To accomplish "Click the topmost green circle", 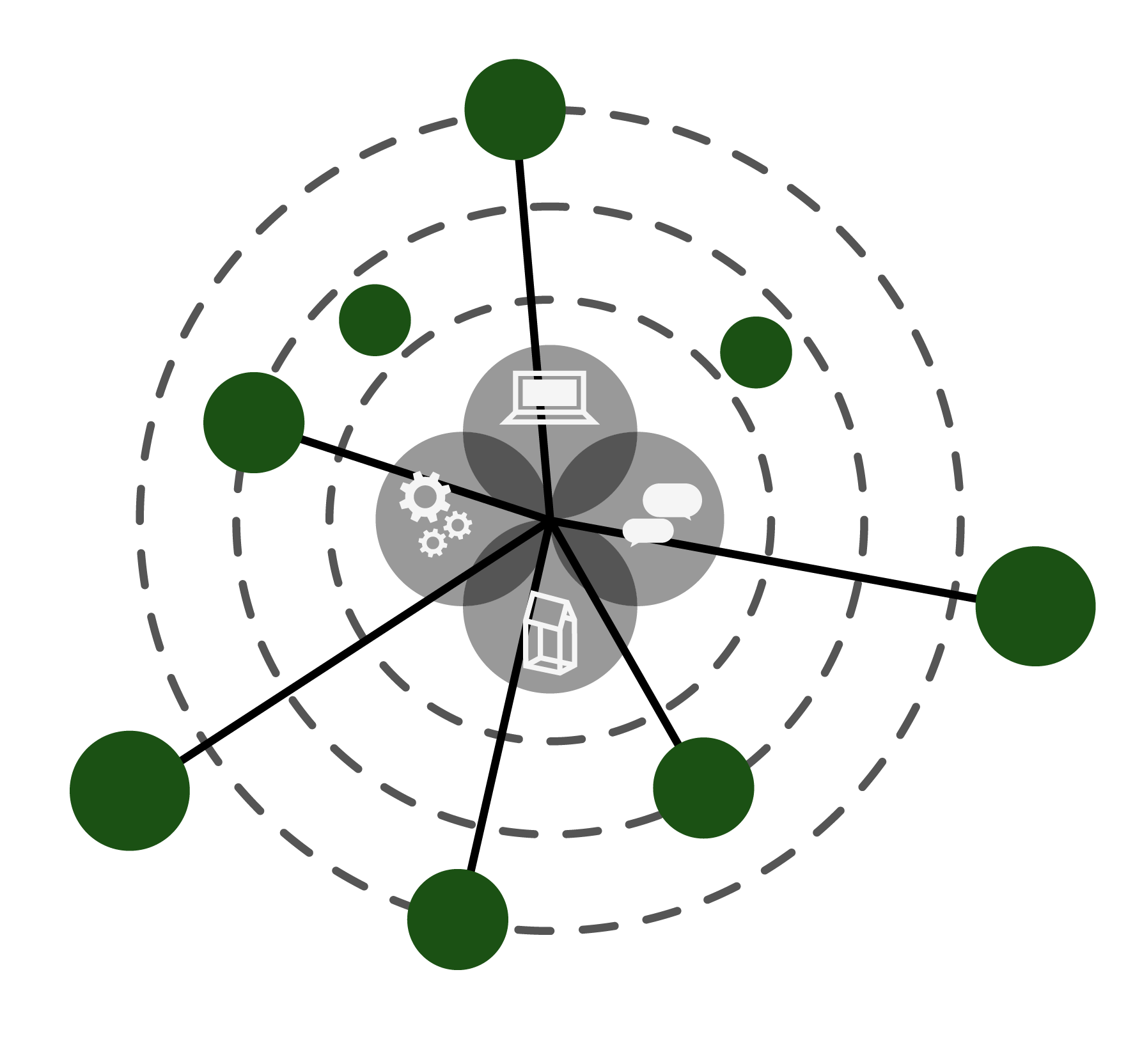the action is coord(515,109).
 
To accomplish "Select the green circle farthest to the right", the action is coord(1035,606).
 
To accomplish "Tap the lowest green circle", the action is coord(458,919).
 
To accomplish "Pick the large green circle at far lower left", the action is coord(130,790).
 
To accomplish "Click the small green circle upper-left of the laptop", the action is coord(375,320).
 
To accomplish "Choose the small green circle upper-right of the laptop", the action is coord(756,352).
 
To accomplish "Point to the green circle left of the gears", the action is coord(254,423).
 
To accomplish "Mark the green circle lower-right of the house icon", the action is coord(703,788).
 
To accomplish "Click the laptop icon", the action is coord(549,397).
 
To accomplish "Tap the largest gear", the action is coord(425,497).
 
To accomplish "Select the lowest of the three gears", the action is coord(433,543).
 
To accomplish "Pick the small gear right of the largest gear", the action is coord(458,525).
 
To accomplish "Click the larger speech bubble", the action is coord(672,499).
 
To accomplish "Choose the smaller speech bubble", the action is coord(648,531).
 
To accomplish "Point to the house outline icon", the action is coord(550,633).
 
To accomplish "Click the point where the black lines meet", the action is coord(549,519).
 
